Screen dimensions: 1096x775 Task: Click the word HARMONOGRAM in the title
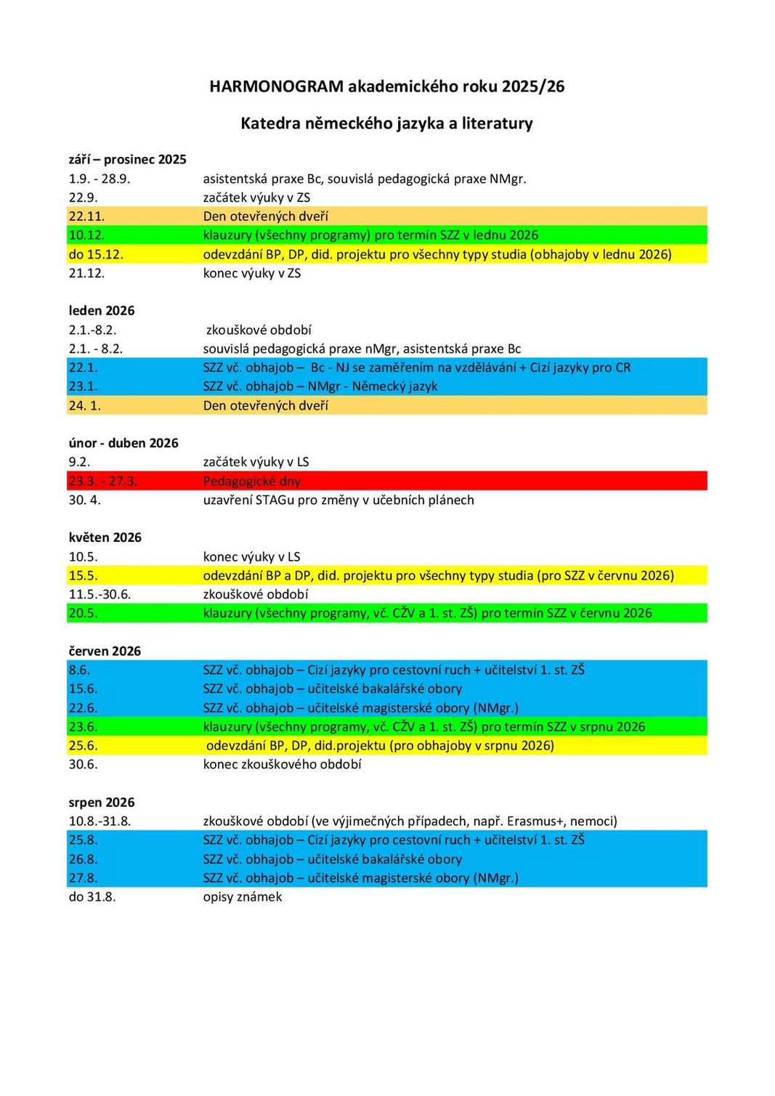(276, 86)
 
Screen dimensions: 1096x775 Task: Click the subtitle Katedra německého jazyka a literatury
(386, 123)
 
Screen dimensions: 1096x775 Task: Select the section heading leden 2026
(102, 311)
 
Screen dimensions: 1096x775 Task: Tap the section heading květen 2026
(105, 537)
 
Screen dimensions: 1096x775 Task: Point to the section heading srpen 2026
(102, 803)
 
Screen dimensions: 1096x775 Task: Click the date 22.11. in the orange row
(86, 216)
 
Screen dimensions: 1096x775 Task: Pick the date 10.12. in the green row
(86, 235)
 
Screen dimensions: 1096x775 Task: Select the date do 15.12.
(96, 254)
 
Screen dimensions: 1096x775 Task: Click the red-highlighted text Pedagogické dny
(251, 481)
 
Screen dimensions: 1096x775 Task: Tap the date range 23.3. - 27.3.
(102, 481)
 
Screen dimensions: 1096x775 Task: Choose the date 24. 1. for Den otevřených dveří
(84, 405)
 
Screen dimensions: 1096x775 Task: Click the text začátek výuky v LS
(256, 462)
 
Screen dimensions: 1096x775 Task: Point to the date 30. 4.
(84, 500)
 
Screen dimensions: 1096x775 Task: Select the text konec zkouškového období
(282, 764)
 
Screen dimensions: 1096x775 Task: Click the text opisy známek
(243, 897)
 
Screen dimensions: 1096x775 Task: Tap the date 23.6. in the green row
(83, 726)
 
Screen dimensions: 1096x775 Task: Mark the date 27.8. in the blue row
(83, 878)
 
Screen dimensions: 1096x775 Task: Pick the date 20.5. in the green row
(83, 613)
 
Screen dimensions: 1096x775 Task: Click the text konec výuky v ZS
(251, 273)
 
